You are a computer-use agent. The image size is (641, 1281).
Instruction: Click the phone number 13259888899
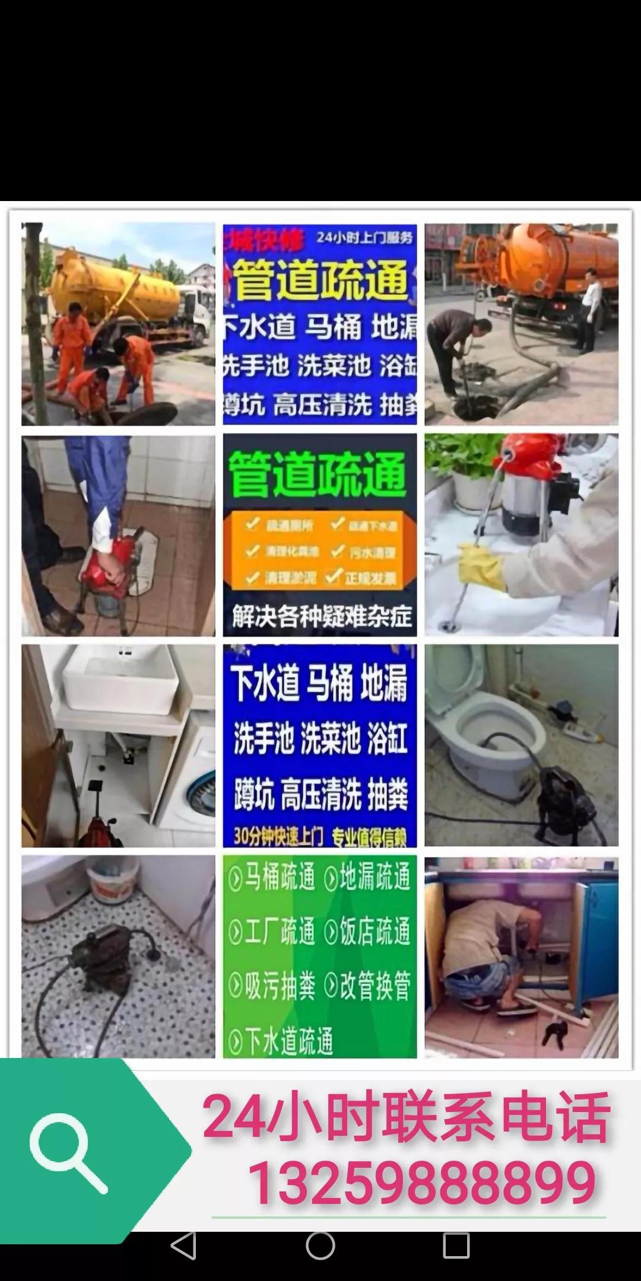pos(421,1183)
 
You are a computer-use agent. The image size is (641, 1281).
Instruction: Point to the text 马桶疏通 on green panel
pos(272,878)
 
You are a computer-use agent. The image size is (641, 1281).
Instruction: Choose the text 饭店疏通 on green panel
pos(368,932)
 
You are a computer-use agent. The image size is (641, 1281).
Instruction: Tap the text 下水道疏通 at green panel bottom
pos(281,1041)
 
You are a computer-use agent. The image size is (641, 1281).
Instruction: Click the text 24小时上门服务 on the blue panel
pos(364,238)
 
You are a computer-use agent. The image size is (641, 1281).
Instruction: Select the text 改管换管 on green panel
pos(368,987)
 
